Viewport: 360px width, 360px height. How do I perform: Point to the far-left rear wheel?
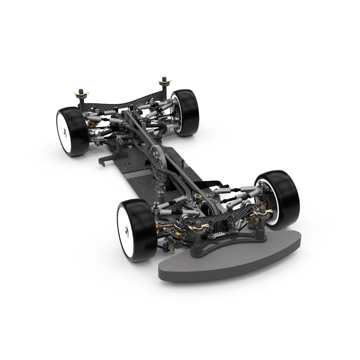(72, 132)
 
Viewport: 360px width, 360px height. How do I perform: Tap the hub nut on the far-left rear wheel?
(65, 133)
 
